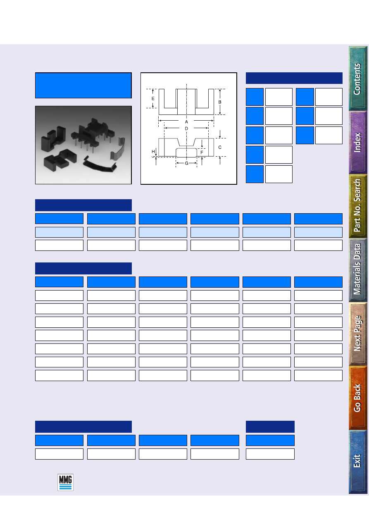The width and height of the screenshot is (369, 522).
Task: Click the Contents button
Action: point(358,78)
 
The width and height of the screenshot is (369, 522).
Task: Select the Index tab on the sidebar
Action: point(358,143)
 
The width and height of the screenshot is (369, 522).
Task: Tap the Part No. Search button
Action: point(358,206)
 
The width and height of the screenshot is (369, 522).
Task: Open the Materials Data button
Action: point(358,270)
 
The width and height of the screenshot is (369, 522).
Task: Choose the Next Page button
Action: point(358,334)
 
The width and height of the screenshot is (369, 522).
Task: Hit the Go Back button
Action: point(358,398)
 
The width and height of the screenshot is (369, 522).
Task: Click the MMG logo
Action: point(65,482)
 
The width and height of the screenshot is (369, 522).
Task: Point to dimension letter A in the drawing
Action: point(186,122)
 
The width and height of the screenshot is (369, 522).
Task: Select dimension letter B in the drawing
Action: point(220,102)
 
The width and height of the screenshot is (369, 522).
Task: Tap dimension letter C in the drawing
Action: point(220,147)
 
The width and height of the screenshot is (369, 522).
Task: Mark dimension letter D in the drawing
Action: point(186,129)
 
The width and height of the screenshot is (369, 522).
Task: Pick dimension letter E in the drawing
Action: point(153,99)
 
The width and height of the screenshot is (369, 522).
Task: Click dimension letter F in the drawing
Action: point(202,153)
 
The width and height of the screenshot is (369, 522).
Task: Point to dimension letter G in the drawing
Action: point(186,163)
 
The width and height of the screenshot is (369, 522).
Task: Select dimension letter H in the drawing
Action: point(153,152)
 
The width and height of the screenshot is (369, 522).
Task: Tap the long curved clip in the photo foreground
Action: point(100,164)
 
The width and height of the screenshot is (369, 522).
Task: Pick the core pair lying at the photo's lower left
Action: point(60,160)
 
